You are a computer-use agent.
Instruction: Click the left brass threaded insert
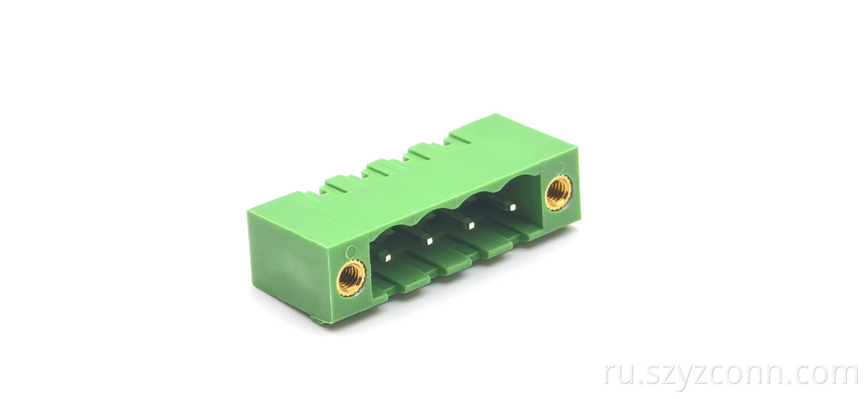pyautogui.click(x=351, y=279)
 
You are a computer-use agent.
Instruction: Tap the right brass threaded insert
pyautogui.click(x=559, y=193)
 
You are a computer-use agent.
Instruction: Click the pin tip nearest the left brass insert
pyautogui.click(x=388, y=258)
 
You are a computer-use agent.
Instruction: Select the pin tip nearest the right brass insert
pyautogui.click(x=513, y=207)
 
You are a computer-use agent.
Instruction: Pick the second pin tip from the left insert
pyautogui.click(x=430, y=241)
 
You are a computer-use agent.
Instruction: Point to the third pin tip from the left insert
pyautogui.click(x=471, y=226)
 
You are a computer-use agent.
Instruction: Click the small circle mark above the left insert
pyautogui.click(x=350, y=253)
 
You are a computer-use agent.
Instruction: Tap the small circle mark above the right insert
pyautogui.click(x=559, y=167)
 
